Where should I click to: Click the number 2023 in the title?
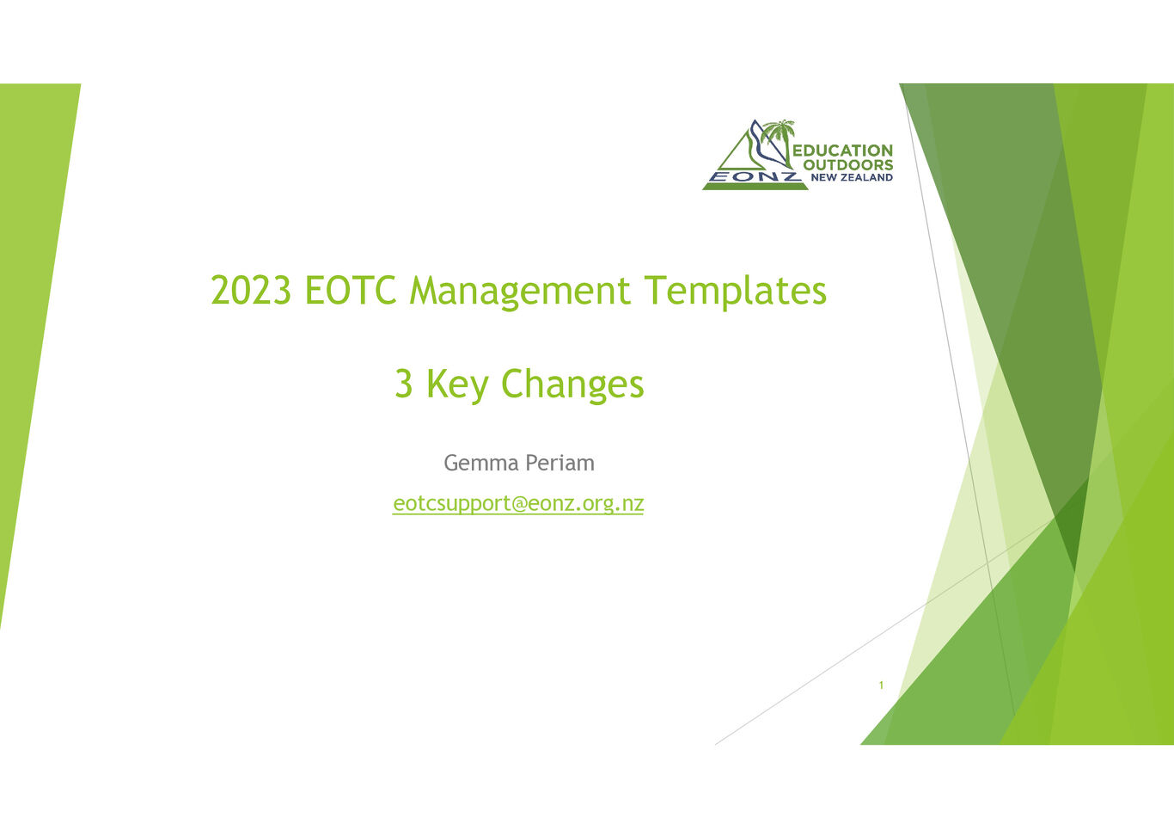click(250, 290)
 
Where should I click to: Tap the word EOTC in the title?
click(351, 290)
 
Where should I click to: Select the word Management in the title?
click(519, 292)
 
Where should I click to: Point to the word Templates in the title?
click(736, 292)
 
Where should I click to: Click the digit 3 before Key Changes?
click(403, 384)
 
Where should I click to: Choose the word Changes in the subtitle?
click(572, 386)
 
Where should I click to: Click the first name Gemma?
click(481, 463)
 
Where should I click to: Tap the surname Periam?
click(559, 463)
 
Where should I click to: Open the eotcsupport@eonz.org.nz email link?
click(518, 504)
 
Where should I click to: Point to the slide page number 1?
click(881, 686)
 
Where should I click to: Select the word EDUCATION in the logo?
click(843, 151)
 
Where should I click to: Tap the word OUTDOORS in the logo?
click(848, 165)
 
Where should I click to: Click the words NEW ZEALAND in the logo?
click(852, 178)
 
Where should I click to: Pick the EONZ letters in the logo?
click(755, 177)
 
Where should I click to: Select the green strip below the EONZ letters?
click(755, 187)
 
